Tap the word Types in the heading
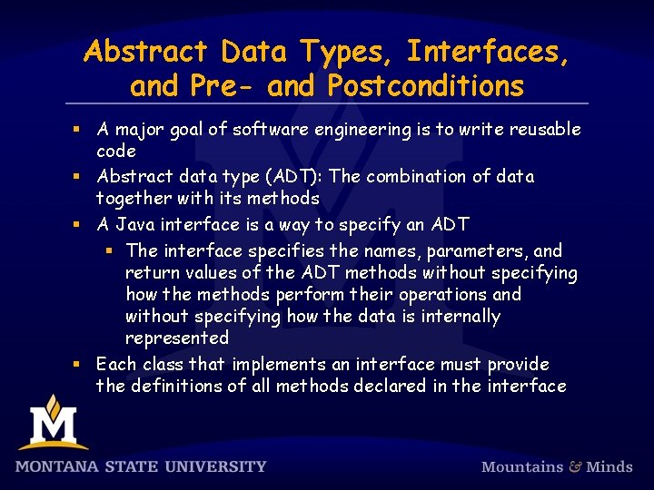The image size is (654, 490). [347, 52]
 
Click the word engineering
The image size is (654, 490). [362, 130]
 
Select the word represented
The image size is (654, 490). [177, 338]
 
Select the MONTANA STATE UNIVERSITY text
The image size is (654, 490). [141, 466]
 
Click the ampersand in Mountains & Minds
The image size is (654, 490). [574, 466]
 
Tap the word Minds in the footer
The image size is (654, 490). [609, 466]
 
